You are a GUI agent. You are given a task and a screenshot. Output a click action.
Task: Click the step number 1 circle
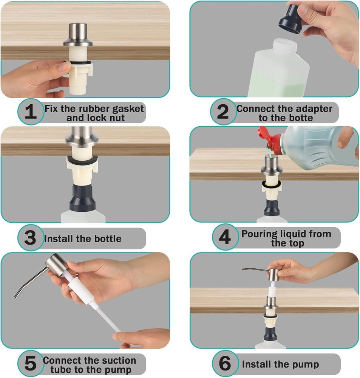[x=31, y=112]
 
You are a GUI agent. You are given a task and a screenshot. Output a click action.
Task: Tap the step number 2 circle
[x=223, y=112]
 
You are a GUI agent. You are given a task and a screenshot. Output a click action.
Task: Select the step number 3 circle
[x=31, y=238]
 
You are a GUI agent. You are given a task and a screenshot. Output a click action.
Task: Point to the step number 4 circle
[x=225, y=237]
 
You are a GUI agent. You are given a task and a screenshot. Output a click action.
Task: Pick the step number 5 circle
[x=31, y=363]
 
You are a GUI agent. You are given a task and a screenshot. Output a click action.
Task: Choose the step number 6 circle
[x=225, y=363]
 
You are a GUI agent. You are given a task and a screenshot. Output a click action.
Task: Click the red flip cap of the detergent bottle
[x=269, y=140]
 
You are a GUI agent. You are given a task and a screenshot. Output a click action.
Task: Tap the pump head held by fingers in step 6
[x=273, y=275]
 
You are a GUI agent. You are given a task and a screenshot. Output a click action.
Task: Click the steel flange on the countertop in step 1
[x=78, y=43]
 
